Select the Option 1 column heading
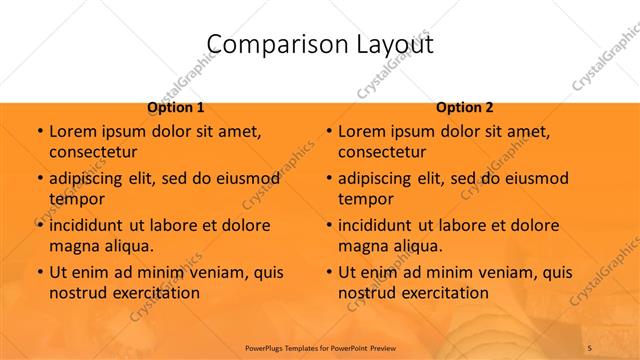point(176,107)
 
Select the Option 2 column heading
point(465,107)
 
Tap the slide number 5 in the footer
point(590,347)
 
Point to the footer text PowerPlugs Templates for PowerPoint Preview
point(319,347)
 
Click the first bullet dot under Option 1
point(39,131)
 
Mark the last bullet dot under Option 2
point(328,272)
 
